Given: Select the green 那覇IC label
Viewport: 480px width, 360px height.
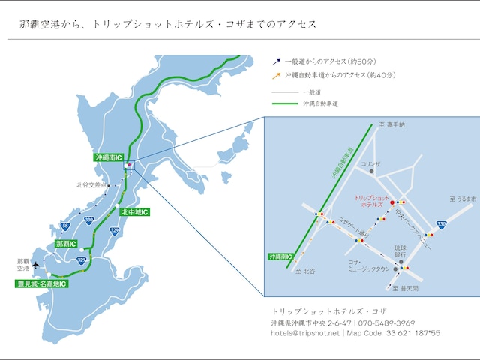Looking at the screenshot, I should [x=67, y=244].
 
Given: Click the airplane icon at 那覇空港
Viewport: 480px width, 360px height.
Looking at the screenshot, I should [x=34, y=263].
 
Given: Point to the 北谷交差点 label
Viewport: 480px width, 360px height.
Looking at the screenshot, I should [x=91, y=184].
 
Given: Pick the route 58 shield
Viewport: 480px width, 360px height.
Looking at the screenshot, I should [x=65, y=225].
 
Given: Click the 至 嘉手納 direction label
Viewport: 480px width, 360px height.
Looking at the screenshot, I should [x=391, y=126].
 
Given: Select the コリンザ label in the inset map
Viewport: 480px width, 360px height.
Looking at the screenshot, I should [x=370, y=163].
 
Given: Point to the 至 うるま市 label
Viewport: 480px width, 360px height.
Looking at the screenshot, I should [x=463, y=199].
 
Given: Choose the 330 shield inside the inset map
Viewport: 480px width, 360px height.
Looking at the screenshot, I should [x=442, y=224].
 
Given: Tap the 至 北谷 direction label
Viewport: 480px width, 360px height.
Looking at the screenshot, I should [x=305, y=271].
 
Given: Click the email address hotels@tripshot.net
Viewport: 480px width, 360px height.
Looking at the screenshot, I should [x=305, y=332].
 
